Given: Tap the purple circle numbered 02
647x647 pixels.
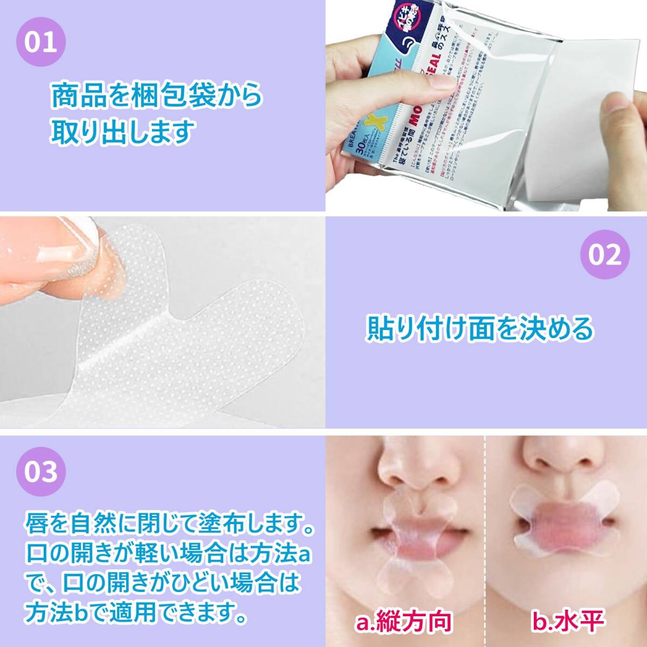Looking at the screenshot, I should tap(604, 255).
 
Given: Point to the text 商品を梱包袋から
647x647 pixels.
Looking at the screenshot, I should tap(156, 95).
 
